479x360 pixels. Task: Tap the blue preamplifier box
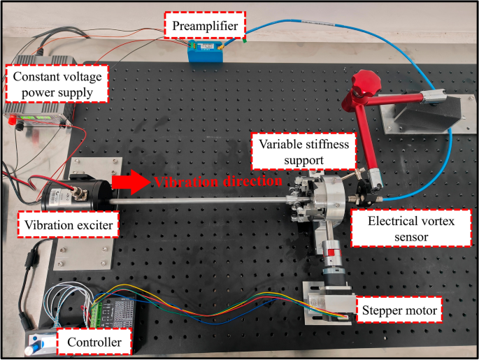pos(208,53)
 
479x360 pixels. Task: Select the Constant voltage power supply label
pos(57,82)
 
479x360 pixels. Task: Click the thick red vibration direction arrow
pos(131,183)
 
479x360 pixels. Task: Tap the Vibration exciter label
pos(67,226)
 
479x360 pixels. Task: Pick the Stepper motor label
pos(399,310)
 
